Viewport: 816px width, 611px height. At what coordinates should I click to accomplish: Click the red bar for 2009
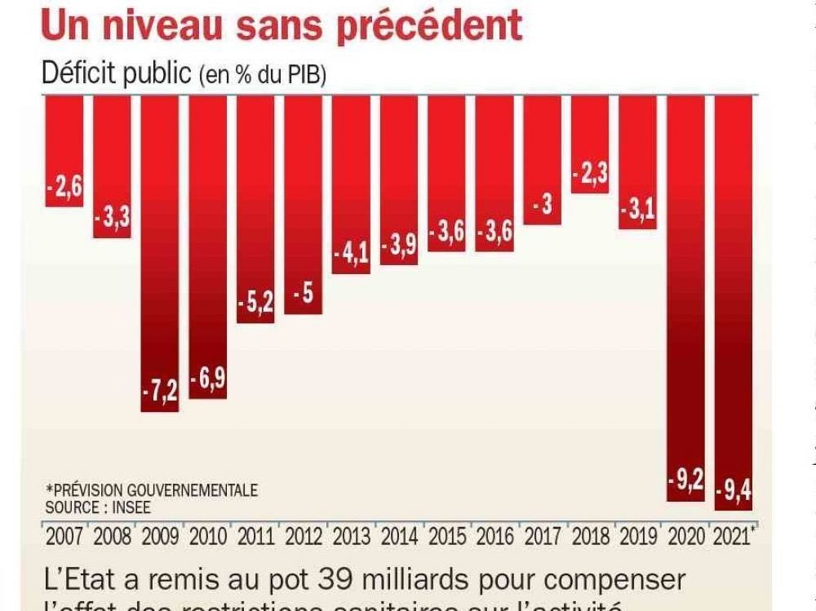160,253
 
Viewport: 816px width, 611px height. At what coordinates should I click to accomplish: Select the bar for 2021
733,302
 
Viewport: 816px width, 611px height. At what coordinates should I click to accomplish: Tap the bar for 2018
590,144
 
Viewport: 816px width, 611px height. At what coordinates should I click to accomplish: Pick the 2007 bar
64,151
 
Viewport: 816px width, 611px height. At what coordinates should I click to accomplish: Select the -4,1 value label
351,254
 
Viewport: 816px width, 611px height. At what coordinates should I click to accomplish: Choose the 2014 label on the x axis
399,538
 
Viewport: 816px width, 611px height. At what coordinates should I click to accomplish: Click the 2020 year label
686,538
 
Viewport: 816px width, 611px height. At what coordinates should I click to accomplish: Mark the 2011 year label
255,538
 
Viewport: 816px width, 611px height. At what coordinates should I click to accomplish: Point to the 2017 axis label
543,538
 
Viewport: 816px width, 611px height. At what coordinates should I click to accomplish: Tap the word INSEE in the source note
134,507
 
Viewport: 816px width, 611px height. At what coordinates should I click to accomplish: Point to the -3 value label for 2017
543,206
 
